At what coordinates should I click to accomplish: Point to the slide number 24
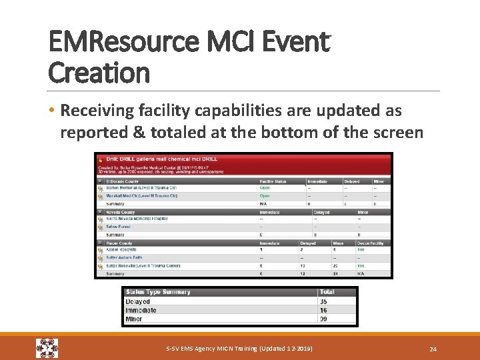tap(433, 348)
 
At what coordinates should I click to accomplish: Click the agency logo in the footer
tap(47, 348)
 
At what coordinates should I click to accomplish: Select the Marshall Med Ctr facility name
tap(141, 196)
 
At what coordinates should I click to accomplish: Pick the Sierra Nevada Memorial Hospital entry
tap(137, 219)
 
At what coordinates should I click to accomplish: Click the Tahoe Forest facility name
tap(119, 227)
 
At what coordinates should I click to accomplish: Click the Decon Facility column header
tap(370, 243)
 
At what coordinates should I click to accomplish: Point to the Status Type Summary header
tap(158, 292)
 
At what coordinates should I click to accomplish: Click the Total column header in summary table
tap(327, 292)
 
